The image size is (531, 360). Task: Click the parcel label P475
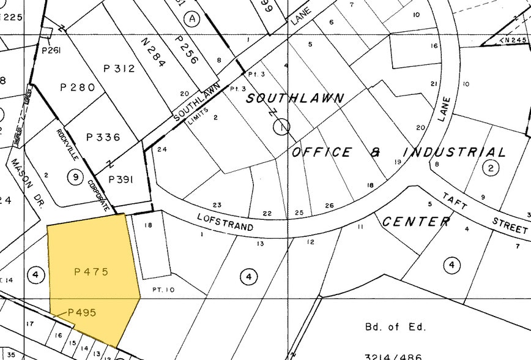[91, 271]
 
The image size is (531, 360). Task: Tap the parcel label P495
[82, 312]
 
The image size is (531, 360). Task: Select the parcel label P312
[119, 69]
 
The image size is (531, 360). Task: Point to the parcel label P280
[78, 88]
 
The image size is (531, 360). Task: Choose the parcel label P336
[103, 137]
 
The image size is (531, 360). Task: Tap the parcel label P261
[51, 50]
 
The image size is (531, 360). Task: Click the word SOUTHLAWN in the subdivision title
[294, 98]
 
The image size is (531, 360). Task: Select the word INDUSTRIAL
[454, 152]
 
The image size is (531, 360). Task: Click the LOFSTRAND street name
[225, 222]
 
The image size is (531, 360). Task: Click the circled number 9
[75, 178]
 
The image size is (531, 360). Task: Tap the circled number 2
[490, 167]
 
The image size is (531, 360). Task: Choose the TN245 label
[513, 40]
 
